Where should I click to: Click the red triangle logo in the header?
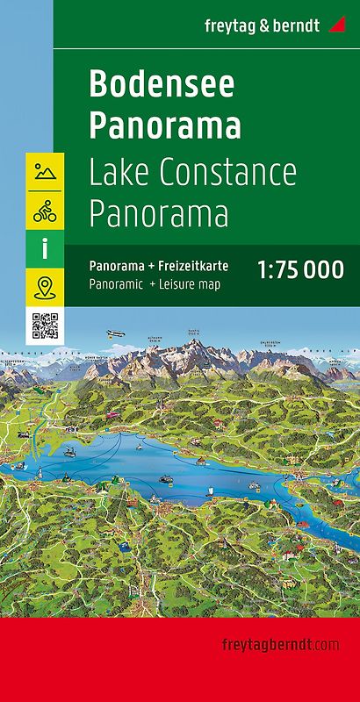337,24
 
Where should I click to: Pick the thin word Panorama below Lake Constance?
158,212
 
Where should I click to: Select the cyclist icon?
45,211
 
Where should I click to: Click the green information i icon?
45,249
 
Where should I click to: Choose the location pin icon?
45,287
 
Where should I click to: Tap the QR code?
45,326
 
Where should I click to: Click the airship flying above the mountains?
116,333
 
